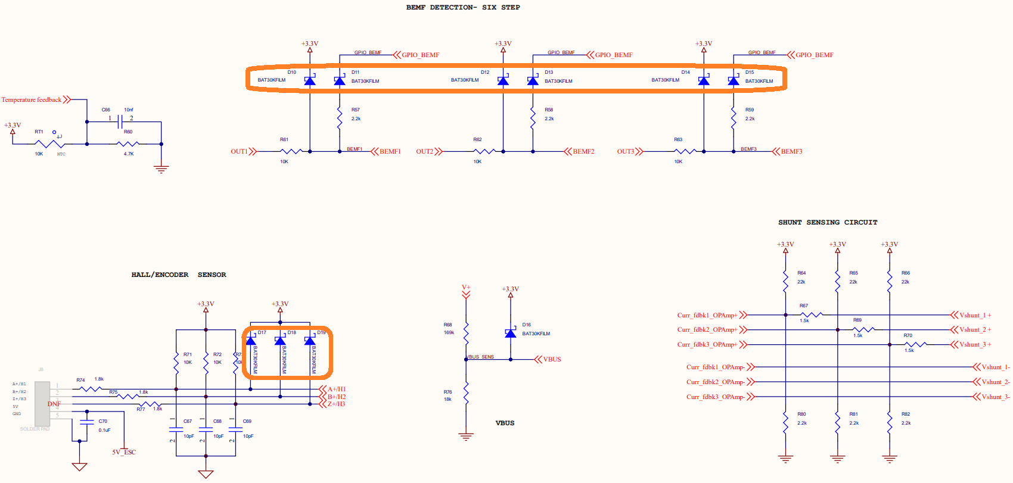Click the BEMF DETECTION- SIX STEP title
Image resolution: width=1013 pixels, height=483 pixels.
[463, 7]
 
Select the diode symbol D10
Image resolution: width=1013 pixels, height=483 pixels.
[310, 81]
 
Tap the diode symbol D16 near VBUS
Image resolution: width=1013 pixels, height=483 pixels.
[510, 334]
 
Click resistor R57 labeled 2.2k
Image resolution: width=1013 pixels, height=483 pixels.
[340, 118]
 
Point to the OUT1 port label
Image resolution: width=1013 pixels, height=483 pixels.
[240, 151]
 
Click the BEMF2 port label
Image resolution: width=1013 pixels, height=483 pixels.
[583, 151]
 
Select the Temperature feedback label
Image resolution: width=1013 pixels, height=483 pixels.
[32, 99]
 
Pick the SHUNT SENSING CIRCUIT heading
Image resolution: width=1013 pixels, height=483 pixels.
[828, 222]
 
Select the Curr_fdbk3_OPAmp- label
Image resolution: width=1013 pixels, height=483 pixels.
[715, 397]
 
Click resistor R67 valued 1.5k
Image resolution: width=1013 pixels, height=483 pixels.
[812, 314]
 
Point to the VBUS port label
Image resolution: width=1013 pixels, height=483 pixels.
[552, 359]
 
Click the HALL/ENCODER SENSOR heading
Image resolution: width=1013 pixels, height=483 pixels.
[179, 275]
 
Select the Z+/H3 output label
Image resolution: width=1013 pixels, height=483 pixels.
[336, 404]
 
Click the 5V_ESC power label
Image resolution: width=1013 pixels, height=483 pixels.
[124, 452]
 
